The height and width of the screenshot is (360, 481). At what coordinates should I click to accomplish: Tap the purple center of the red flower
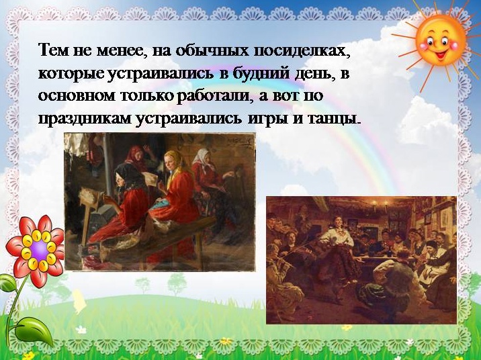click(39, 250)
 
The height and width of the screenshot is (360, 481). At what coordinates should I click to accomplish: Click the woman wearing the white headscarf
click(207, 178)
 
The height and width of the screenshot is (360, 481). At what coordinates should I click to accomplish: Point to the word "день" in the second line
click(314, 74)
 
